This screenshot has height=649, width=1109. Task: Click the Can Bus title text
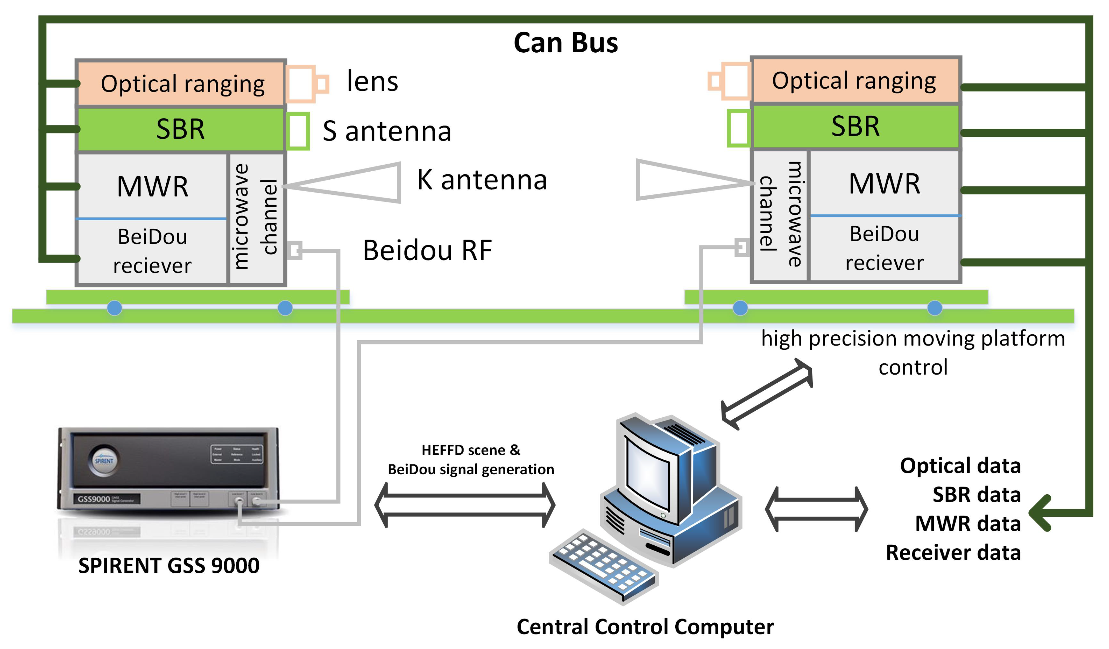[x=566, y=43]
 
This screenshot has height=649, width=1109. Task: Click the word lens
[x=372, y=82]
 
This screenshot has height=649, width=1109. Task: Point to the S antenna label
[x=386, y=131]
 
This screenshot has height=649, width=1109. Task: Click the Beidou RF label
[x=427, y=250]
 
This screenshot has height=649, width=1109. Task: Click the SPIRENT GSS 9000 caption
[x=168, y=565]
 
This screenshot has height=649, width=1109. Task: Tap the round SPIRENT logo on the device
[x=104, y=460]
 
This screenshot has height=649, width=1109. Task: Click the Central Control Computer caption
[x=645, y=627]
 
